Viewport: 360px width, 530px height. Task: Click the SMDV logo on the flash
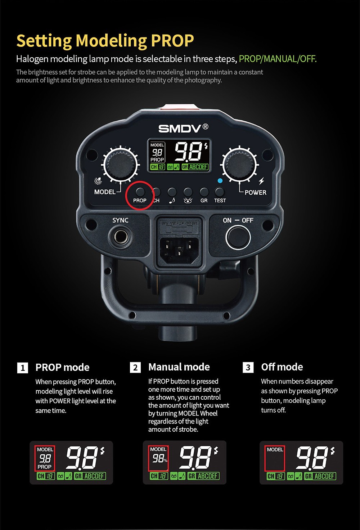pos(183,128)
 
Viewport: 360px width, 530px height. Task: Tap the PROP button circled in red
pos(140,192)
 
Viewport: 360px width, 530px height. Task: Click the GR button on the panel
pos(204,192)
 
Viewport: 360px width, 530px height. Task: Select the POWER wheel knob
pos(240,165)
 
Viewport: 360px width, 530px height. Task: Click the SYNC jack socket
pos(120,237)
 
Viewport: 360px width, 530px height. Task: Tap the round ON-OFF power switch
pos(238,237)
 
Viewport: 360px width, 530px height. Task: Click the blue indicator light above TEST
pos(220,181)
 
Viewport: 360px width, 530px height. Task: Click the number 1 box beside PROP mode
pos(23,368)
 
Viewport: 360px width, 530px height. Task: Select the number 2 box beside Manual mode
pos(135,367)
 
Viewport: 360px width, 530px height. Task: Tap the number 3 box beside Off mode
pos(248,367)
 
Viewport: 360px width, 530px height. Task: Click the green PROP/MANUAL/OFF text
pos(278,59)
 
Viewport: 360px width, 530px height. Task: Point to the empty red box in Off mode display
pos(275,461)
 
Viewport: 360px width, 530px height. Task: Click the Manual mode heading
pos(179,367)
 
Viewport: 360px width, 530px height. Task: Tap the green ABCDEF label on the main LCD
pos(198,167)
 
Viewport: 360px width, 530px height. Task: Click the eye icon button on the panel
pos(188,192)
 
